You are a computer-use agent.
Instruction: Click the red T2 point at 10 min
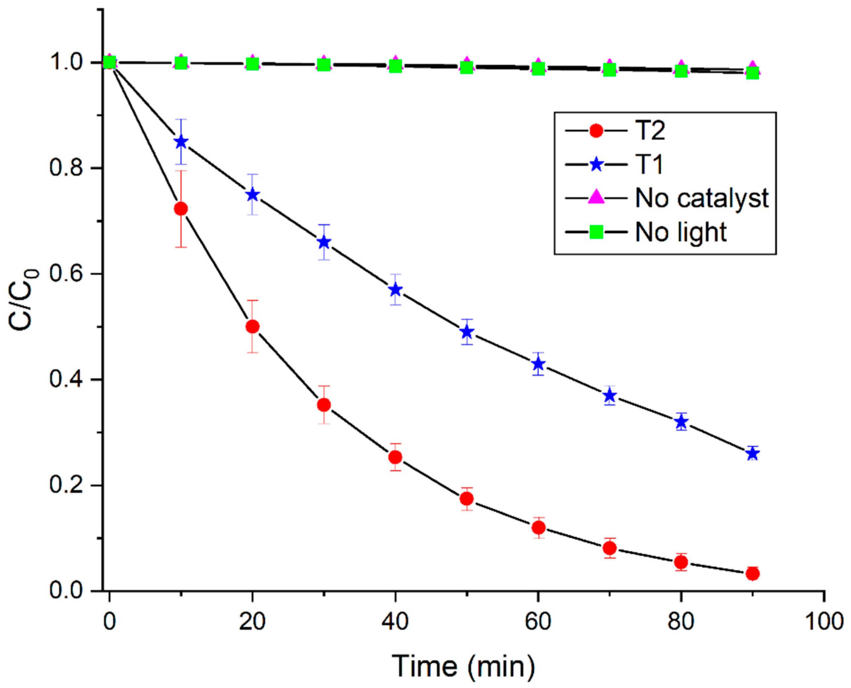coord(181,209)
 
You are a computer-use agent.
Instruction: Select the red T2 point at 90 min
coord(752,573)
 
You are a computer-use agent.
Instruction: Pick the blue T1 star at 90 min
coord(752,454)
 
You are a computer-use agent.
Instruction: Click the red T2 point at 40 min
coord(395,457)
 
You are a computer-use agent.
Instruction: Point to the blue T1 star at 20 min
coord(253,195)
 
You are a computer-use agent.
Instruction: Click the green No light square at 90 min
coord(752,73)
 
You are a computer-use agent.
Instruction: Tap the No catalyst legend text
coord(702,198)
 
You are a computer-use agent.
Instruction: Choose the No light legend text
coord(681,232)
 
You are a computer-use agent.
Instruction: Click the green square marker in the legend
coord(596,232)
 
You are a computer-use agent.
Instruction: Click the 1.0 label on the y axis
coord(65,63)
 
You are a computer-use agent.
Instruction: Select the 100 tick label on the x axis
coord(824,621)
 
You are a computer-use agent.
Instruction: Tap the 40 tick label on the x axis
coord(395,621)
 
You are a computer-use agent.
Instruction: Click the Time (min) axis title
coord(463,666)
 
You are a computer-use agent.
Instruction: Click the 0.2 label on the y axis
coord(65,485)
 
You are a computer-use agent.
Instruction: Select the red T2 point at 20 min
coord(253,327)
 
